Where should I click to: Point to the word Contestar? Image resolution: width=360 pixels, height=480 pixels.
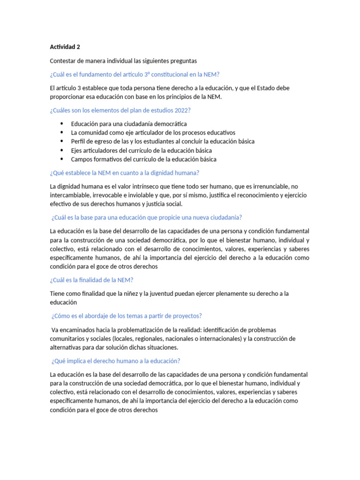click(63, 61)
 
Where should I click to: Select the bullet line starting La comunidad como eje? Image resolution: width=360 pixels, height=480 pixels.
click(153, 133)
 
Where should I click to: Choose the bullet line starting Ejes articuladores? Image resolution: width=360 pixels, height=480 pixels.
click(141, 150)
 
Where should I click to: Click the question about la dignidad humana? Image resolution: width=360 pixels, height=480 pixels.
click(124, 172)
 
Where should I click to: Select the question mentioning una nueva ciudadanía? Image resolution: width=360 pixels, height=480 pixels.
click(146, 217)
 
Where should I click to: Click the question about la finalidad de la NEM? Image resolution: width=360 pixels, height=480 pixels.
click(91, 280)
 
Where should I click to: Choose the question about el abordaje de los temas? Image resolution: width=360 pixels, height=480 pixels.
click(127, 315)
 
